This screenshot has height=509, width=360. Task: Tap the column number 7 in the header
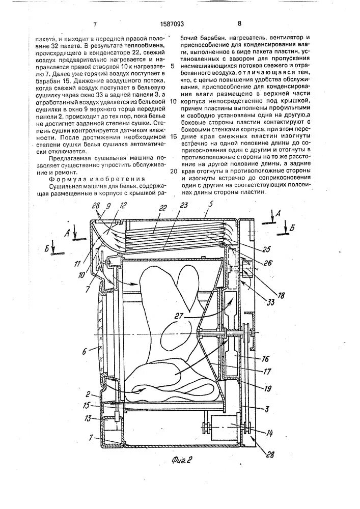95,24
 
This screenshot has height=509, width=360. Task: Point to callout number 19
264,387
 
